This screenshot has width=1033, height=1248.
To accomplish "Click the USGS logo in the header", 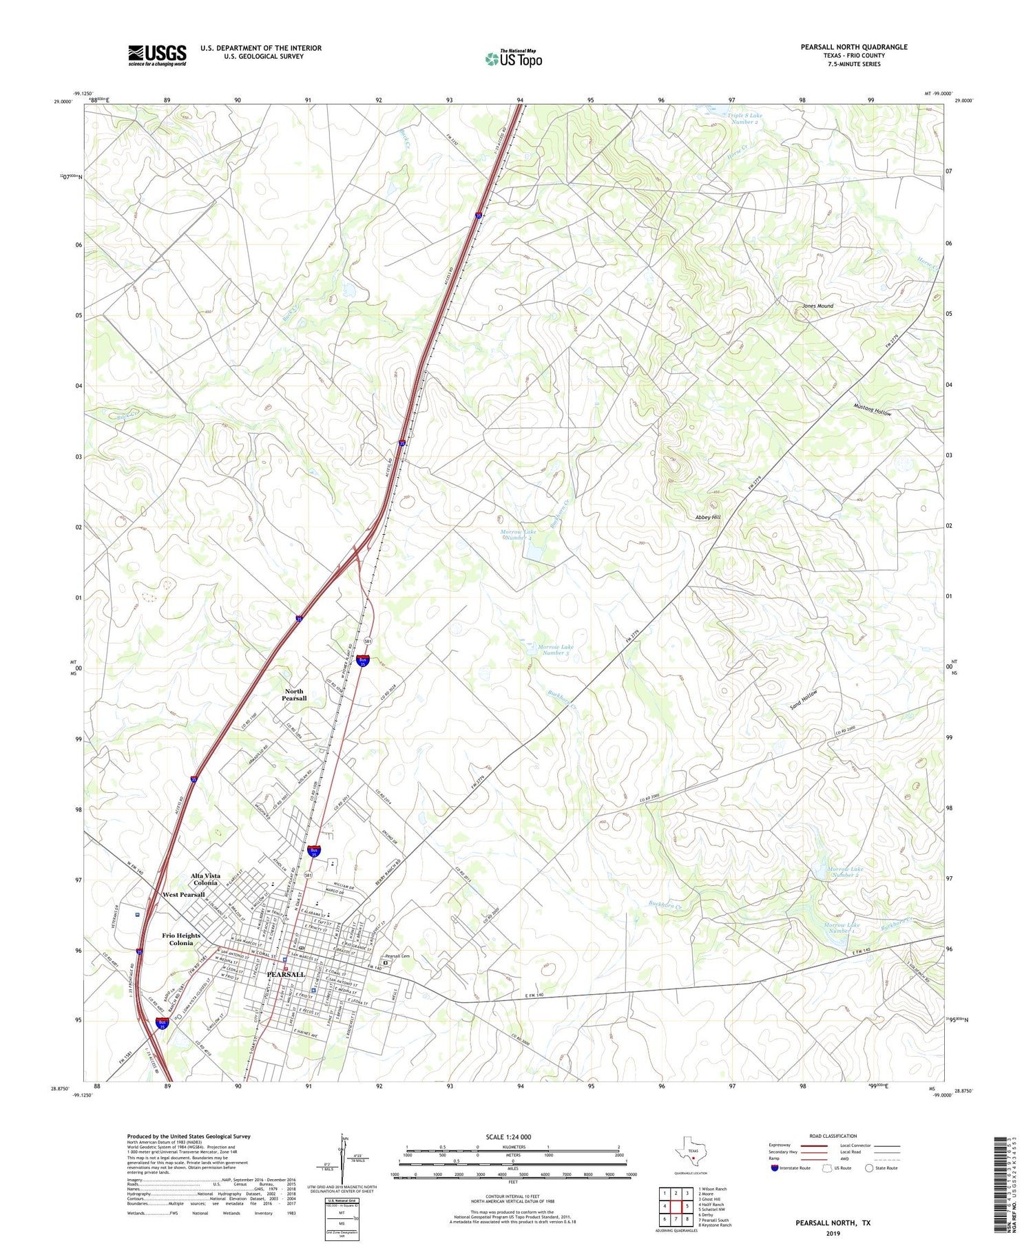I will (x=157, y=55).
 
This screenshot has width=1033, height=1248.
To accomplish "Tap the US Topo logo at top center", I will (x=514, y=59).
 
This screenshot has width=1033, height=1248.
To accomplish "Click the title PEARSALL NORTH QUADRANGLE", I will (x=853, y=47).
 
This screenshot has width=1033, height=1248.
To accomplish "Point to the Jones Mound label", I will (x=817, y=306).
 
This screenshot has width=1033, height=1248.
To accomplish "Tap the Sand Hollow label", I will (x=804, y=699).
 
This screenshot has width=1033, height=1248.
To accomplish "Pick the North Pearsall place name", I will (x=294, y=695).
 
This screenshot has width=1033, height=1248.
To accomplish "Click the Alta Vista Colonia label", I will (x=205, y=879).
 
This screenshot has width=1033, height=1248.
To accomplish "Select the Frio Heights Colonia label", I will (x=181, y=939).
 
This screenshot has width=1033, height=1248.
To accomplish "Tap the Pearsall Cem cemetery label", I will (x=397, y=956).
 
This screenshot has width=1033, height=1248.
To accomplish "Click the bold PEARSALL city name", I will (x=285, y=975).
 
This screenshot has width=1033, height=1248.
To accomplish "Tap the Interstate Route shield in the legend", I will (x=775, y=1168).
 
